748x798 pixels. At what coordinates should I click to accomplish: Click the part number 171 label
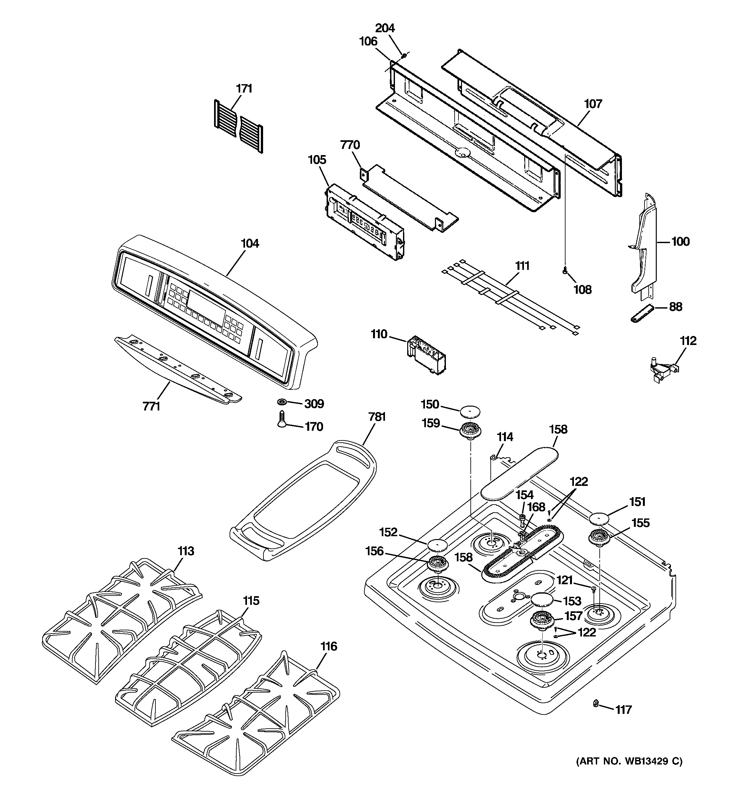click(244, 88)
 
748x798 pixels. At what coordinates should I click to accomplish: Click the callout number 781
click(377, 417)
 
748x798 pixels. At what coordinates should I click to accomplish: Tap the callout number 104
click(250, 243)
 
